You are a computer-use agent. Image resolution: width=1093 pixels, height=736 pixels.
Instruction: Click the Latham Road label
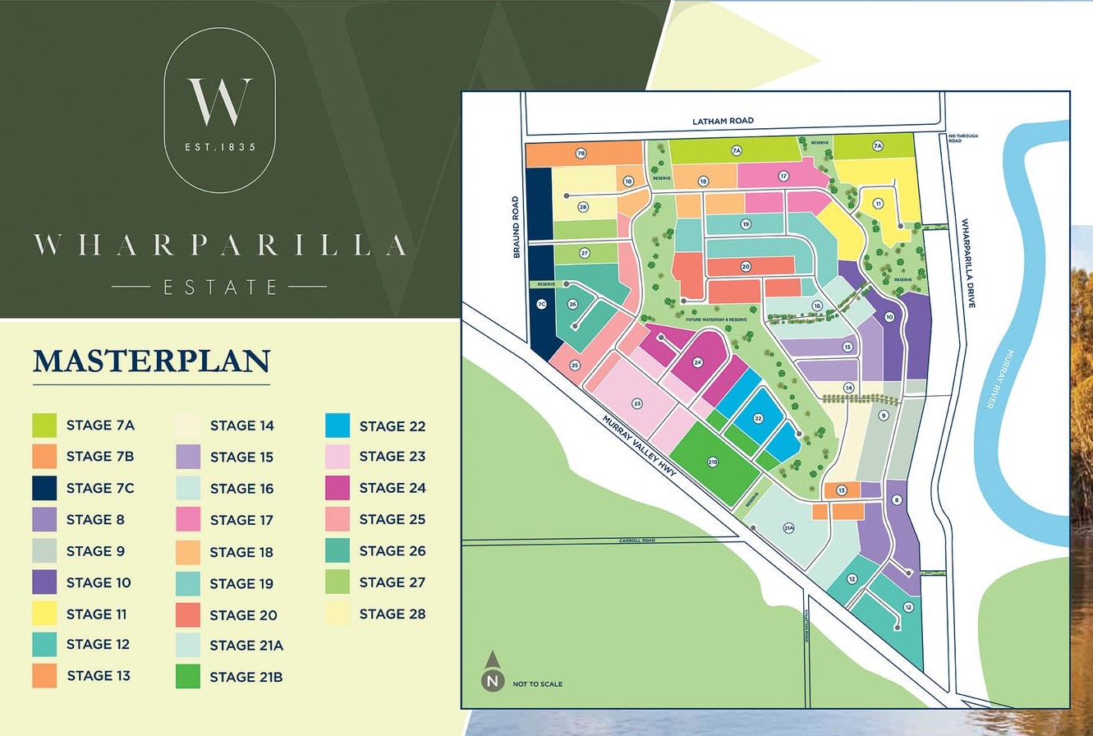tap(723, 121)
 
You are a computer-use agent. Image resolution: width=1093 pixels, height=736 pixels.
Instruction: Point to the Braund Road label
tap(517, 227)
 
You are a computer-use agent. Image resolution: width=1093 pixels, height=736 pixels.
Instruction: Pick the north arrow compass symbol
tap(492, 671)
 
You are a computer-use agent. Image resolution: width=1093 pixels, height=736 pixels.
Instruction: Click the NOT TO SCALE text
tap(538, 683)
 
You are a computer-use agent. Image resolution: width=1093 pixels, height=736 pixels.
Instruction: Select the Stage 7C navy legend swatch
tap(44, 488)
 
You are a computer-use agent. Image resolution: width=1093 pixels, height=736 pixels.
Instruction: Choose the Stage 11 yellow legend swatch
tap(44, 614)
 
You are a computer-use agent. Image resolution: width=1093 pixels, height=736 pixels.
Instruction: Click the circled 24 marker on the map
tap(697, 362)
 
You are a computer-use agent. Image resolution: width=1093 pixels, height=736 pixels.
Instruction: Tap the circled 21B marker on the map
tap(713, 462)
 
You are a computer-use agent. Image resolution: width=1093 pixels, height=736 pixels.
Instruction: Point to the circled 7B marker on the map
tap(581, 153)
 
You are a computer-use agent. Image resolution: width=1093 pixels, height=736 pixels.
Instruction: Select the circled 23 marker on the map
tap(637, 403)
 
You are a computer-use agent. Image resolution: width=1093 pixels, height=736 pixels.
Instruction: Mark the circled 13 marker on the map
tap(841, 490)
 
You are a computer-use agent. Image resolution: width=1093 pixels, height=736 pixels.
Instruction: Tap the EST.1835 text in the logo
tap(220, 147)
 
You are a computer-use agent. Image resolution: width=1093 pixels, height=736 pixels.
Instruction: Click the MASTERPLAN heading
tap(151, 361)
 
